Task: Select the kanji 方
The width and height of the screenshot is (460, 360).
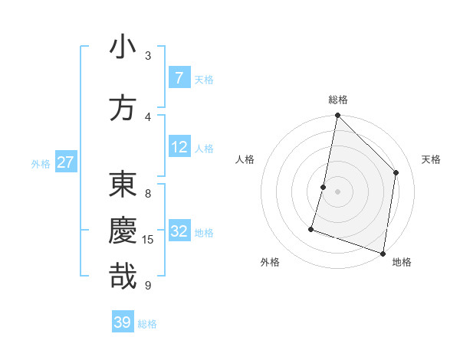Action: pos(123,108)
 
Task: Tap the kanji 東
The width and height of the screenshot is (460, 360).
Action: pos(123,185)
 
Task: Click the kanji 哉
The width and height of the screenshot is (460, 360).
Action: pos(123,277)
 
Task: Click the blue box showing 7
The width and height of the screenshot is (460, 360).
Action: pos(179,78)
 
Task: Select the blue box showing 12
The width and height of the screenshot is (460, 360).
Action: pos(179,147)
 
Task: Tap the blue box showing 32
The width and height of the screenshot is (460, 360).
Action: pos(179,231)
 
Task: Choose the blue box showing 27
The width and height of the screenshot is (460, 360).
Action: pos(66,162)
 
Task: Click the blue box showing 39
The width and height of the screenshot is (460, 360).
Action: pos(123,322)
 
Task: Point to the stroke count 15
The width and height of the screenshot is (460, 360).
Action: pos(148,240)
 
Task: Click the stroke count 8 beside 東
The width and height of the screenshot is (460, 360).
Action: pos(148,194)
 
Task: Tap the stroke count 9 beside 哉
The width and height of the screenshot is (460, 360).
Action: pos(148,286)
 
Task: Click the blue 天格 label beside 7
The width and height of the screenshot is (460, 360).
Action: pos(204,80)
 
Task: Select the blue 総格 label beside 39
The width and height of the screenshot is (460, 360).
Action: pos(148,324)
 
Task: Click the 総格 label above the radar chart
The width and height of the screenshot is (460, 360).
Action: pos(337,100)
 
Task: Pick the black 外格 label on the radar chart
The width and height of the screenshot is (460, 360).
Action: pos(270,262)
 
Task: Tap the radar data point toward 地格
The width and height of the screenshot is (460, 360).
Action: pos(383,253)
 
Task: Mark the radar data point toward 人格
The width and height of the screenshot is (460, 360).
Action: pos(324,187)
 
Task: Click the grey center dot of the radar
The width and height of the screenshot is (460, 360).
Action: pos(337,191)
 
